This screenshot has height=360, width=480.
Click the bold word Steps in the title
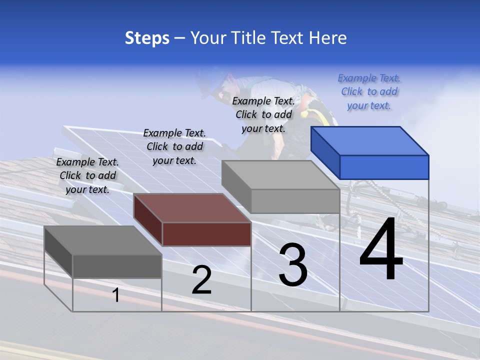147,38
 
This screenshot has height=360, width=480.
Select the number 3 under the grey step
292,264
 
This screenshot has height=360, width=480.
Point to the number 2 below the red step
201,280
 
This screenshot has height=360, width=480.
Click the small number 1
116,295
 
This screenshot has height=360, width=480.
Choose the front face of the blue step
384,167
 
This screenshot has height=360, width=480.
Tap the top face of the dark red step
191,208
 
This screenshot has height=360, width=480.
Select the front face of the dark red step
206,234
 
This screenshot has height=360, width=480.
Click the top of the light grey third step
280,174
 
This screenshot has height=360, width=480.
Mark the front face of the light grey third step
295,201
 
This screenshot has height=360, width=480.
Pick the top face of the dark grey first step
102,240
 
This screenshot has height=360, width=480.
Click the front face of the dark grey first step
117,266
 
